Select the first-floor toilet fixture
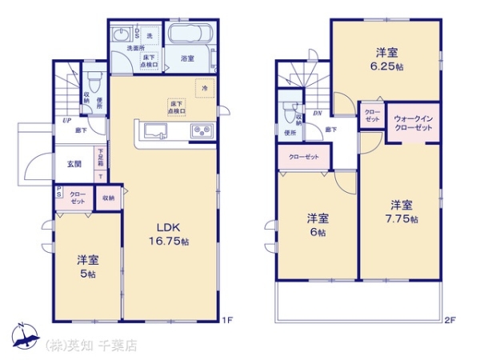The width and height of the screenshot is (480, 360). click(x=94, y=81)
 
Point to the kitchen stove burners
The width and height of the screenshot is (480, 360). click(x=200, y=131)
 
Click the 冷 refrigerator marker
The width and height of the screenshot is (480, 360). click(x=205, y=87)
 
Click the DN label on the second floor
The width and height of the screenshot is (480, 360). click(x=317, y=113)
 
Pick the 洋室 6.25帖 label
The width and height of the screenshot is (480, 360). click(x=386, y=60)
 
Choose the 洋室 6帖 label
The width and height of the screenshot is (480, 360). click(x=317, y=225)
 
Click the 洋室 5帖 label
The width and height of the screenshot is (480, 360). click(x=87, y=266)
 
